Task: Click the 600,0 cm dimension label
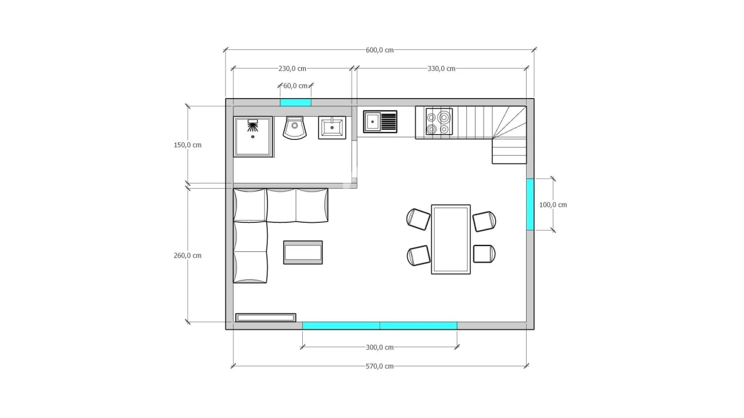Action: click(380, 50)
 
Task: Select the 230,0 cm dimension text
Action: click(292, 69)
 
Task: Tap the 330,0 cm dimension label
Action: click(441, 69)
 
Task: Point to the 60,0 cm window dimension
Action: click(295, 86)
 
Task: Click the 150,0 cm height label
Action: click(188, 145)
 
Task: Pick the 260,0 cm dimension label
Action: click(188, 255)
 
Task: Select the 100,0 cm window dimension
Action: click(553, 205)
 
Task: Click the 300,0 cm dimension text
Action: click(380, 347)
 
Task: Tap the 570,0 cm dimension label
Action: click(380, 366)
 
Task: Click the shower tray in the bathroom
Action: click(253, 136)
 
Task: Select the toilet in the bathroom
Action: click(295, 128)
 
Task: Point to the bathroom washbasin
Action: click(332, 128)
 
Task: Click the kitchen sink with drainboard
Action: click(380, 122)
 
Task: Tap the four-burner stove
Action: click(439, 122)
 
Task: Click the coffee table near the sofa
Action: click(303, 253)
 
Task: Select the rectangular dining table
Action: click(451, 240)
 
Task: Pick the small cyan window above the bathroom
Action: click(296, 102)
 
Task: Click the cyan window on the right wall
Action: click(531, 204)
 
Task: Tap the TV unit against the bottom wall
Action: click(266, 318)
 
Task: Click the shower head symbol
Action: click(253, 125)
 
